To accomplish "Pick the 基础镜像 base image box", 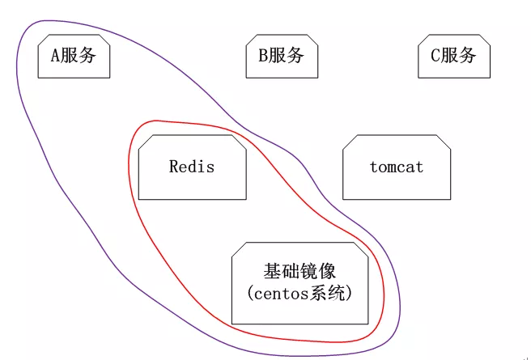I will pyautogui.click(x=299, y=282).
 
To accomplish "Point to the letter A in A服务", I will pyautogui.click(x=56, y=56).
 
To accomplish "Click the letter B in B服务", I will pyautogui.click(x=263, y=56).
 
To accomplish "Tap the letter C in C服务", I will pyautogui.click(x=435, y=56).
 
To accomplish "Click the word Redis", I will pyautogui.click(x=192, y=167).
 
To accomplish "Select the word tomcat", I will pyautogui.click(x=396, y=167).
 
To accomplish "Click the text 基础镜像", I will pyautogui.click(x=299, y=271).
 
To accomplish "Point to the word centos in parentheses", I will pyautogui.click(x=283, y=293).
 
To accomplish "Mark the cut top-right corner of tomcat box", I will pyautogui.click(x=444, y=141).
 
